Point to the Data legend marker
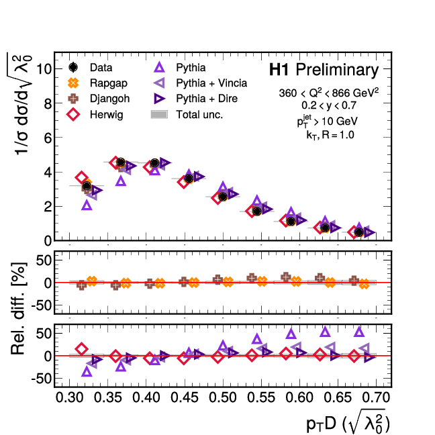74,68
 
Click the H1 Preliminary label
324,70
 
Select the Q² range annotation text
325,93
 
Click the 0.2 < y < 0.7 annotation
325,106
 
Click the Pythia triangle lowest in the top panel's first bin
87,205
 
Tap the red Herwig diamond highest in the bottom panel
82,348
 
